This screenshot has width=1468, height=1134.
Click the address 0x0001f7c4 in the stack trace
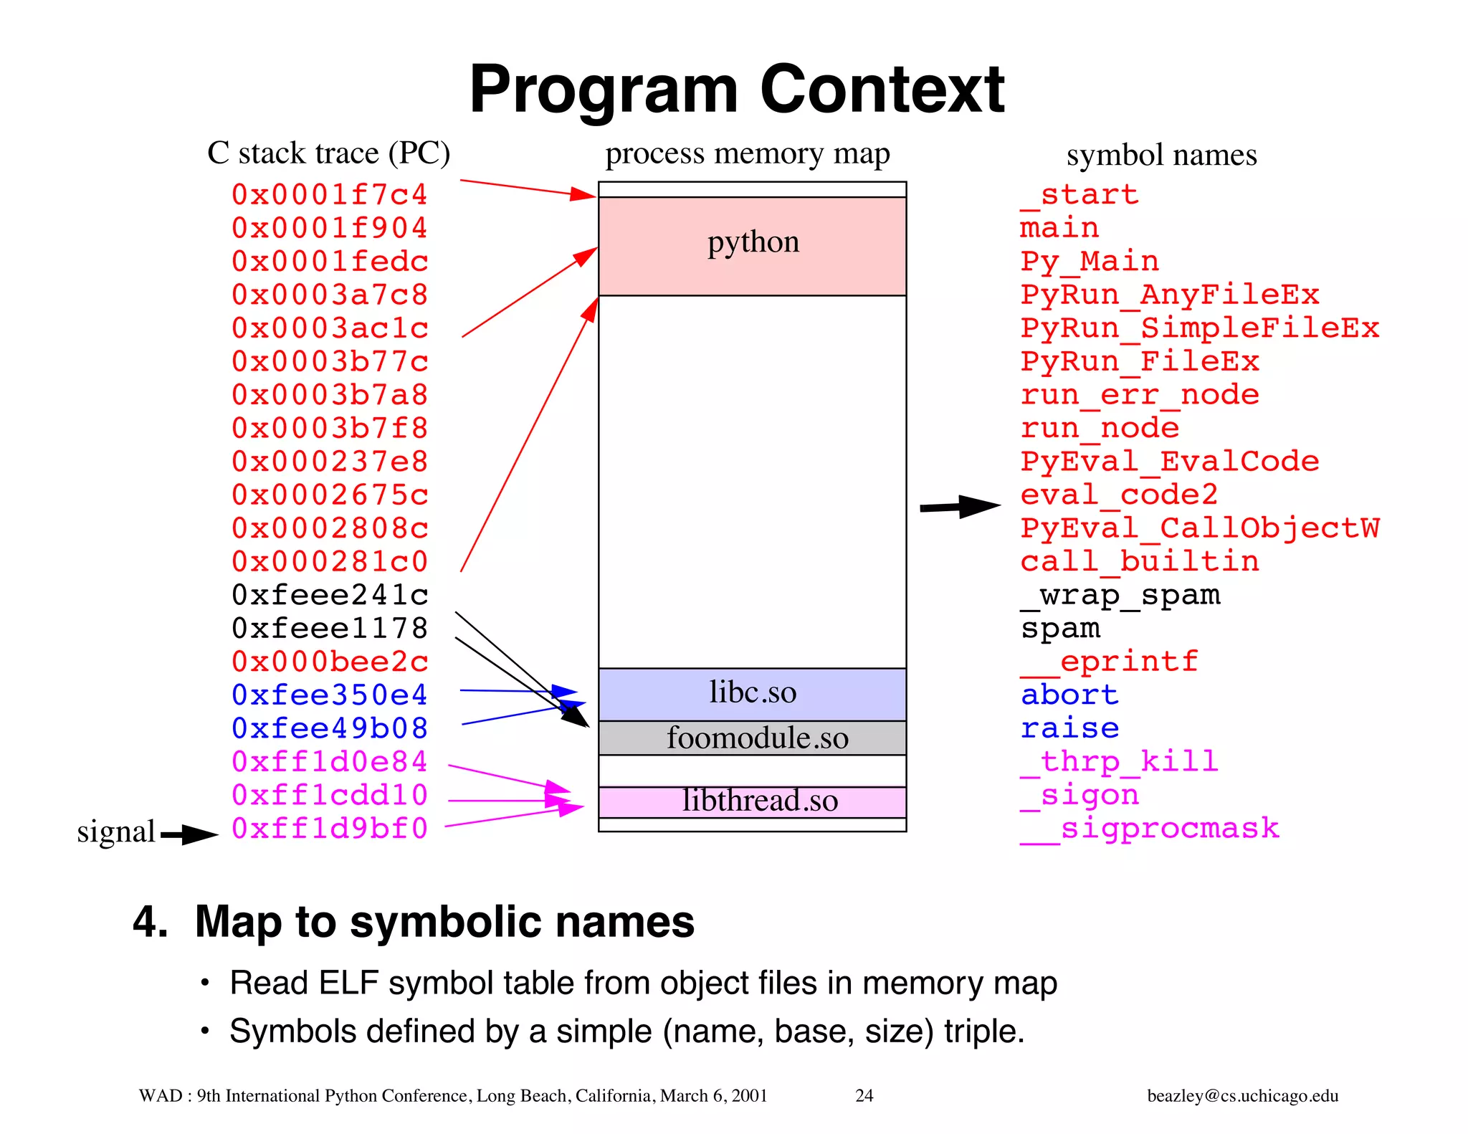click(x=329, y=195)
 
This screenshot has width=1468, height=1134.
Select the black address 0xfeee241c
click(x=330, y=595)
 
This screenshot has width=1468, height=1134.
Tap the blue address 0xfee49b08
click(x=330, y=728)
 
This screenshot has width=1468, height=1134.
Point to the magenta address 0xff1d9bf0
click(x=330, y=829)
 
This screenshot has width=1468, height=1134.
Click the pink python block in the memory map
click(x=752, y=246)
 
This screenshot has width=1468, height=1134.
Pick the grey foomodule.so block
click(x=752, y=738)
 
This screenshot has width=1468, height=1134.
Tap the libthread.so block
click(x=752, y=802)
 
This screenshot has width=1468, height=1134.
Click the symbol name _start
click(x=1079, y=195)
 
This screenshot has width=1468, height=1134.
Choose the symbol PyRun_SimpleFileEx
click(x=1199, y=328)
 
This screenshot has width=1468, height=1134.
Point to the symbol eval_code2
click(x=1119, y=495)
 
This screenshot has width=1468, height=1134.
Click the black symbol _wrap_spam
click(x=1120, y=595)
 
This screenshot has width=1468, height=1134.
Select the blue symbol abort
click(x=1069, y=695)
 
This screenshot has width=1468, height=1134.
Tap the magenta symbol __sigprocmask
click(x=1149, y=829)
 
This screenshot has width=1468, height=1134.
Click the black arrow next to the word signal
click(x=189, y=834)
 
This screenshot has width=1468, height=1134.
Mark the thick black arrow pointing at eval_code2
click(x=960, y=507)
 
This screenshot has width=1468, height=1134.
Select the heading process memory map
click(x=747, y=154)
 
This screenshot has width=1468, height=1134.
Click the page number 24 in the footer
click(x=864, y=1095)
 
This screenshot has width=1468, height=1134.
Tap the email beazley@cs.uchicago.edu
click(x=1242, y=1095)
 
